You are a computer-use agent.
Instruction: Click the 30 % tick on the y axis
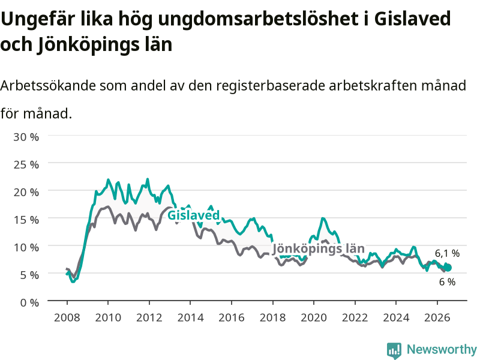pos(26,137)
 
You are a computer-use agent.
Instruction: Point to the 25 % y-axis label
pos(26,164)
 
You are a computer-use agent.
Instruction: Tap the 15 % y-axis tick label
pos(26,220)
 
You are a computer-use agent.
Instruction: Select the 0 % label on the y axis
pos(29,303)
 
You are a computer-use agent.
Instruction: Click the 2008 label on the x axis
pos(67,317)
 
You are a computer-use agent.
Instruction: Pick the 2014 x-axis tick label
pos(190,317)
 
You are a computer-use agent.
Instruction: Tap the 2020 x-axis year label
pos(314,317)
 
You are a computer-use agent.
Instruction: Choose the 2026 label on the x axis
pos(437,317)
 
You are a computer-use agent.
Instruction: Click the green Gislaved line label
pos(194,215)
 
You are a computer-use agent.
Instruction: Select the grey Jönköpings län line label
pos(319,248)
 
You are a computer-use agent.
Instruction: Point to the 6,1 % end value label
pos(447,253)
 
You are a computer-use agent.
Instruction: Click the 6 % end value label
pos(447,282)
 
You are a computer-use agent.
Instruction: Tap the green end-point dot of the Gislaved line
pos(448,268)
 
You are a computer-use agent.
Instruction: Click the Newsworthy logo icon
pos(394,350)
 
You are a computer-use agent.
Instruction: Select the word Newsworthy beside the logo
pos(442,349)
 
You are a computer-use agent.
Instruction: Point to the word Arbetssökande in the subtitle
pos(48,85)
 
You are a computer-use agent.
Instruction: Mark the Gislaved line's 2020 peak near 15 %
pos(323,218)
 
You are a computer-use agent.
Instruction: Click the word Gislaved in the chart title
pos(412,19)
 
